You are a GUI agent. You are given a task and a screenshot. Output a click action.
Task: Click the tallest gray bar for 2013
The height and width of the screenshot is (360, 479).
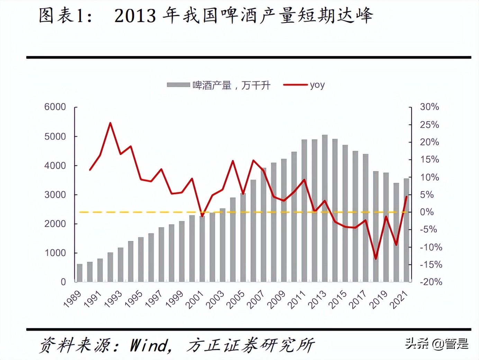pos(325,208)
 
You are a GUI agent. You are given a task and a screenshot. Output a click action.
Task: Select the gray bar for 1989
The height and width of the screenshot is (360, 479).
pos(80,273)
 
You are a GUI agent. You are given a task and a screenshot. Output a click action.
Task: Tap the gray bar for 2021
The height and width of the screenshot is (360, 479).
pos(406,230)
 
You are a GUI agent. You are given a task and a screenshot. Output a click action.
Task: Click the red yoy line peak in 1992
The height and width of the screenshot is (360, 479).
pos(110,123)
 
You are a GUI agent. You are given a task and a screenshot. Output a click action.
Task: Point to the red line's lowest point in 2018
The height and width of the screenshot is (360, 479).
pos(376,258)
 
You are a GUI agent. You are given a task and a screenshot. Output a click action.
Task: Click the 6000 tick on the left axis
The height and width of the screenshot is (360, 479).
pos(55,107)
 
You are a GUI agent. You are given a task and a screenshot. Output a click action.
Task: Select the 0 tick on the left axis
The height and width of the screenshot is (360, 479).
pos(63,282)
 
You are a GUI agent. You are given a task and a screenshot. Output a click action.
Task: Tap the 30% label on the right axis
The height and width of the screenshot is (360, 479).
pos(429,107)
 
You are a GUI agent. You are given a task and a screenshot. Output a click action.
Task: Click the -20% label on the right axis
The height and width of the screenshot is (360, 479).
pos(431,282)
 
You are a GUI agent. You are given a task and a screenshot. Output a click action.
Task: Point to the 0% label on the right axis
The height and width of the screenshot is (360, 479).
pos(427,212)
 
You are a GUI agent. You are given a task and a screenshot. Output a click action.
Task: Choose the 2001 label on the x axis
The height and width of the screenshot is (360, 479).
pos(195,299)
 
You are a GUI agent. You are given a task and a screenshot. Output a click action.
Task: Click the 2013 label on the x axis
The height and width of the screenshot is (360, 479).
pos(317,299)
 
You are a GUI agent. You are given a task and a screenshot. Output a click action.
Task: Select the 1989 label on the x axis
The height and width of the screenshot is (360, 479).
pos(72,299)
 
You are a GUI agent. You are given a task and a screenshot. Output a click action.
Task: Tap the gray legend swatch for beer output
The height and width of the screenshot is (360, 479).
pos(178,85)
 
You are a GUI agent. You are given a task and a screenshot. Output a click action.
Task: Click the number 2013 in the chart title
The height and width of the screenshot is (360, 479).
pos(135,16)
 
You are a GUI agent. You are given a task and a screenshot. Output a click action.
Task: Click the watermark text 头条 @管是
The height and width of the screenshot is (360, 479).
pos(437,344)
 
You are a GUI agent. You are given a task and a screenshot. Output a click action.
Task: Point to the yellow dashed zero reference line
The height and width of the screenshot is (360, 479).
pos(138,212)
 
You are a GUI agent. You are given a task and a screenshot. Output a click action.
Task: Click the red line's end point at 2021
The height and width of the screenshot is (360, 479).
pos(406,197)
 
